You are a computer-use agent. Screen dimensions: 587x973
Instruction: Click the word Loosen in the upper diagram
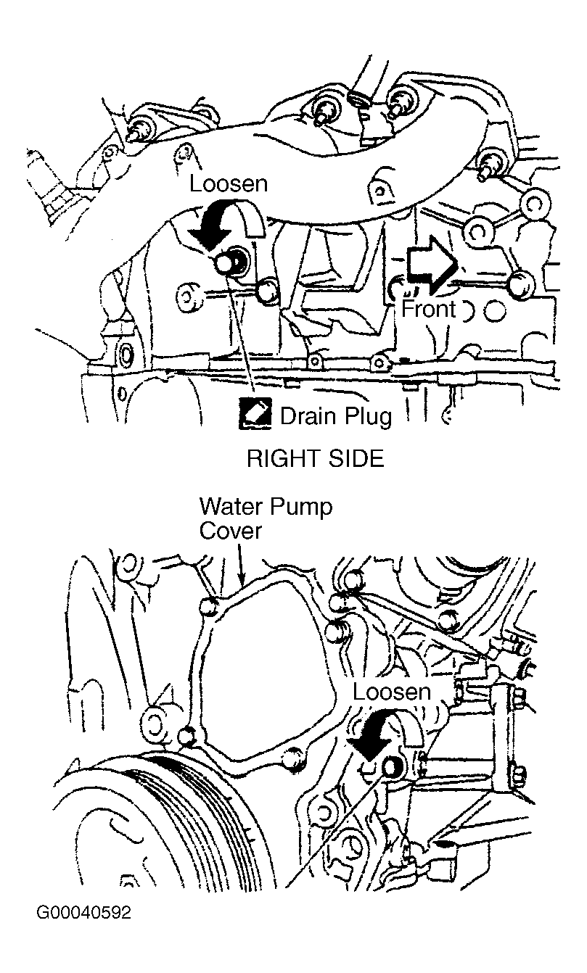[x=229, y=183]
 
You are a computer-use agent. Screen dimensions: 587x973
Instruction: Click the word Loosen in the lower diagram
[x=392, y=691]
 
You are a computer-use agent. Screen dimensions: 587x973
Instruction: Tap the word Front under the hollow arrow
[x=429, y=310]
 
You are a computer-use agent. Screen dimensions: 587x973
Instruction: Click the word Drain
[x=308, y=415]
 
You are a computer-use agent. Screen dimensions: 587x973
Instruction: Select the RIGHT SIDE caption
[x=315, y=459]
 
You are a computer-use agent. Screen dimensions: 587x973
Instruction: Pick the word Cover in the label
[x=230, y=531]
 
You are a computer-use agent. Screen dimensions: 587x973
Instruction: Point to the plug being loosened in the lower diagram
[x=391, y=767]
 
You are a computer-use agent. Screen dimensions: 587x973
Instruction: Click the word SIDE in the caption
[x=353, y=459]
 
